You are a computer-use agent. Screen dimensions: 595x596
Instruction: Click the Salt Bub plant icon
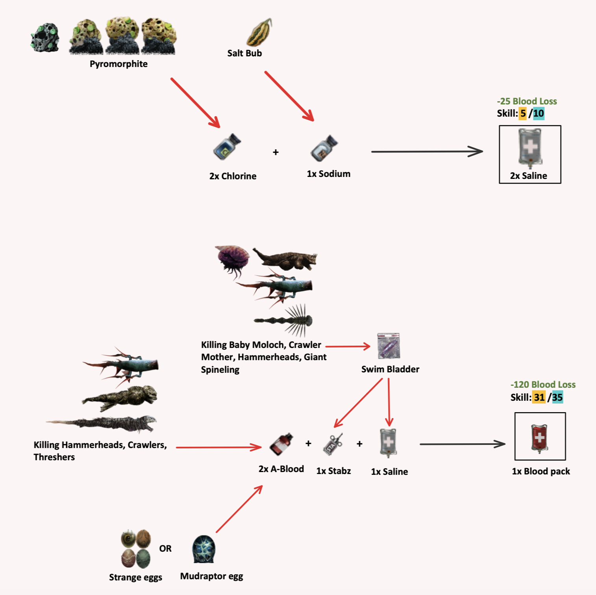(259, 32)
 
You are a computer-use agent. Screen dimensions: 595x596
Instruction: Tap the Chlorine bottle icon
(227, 147)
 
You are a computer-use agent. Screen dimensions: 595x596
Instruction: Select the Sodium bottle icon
(324, 148)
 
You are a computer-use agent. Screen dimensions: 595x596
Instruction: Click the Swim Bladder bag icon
(389, 346)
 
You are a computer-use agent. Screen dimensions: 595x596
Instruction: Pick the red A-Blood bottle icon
(281, 444)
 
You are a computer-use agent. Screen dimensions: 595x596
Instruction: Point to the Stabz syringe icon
(333, 444)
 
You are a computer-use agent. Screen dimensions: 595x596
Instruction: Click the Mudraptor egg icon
(204, 549)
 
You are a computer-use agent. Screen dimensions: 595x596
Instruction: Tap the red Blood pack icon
(540, 437)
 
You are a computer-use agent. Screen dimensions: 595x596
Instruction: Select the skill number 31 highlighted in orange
(539, 397)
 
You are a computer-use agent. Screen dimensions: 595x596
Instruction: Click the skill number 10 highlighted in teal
(539, 113)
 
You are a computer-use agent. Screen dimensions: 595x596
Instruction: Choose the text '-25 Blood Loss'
(527, 101)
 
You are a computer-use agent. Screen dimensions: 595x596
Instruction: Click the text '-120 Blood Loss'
(543, 385)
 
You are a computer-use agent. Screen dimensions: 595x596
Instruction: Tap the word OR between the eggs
(165, 549)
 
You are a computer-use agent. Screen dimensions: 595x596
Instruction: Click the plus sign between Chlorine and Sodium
(276, 152)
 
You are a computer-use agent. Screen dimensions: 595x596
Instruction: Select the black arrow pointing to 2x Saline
(427, 151)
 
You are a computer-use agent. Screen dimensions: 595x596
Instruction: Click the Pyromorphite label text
(118, 64)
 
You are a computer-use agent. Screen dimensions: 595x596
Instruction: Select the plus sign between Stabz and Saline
(359, 444)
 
